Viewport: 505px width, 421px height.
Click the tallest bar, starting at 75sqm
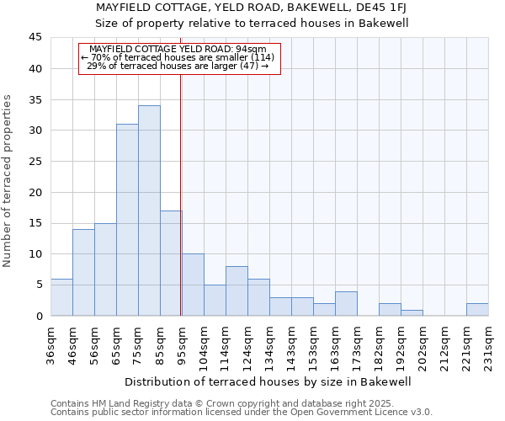coord(149,210)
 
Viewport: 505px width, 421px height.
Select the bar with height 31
coord(127,220)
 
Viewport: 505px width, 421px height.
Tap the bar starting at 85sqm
coord(171,263)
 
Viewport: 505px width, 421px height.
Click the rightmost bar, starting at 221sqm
coord(477,309)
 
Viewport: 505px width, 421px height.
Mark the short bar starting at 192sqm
coord(412,312)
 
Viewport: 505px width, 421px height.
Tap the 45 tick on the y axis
coord(36,38)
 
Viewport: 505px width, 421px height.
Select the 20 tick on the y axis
coord(36,192)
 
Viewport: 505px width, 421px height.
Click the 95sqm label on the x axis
coord(183,343)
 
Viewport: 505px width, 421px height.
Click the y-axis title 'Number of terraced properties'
coord(8,181)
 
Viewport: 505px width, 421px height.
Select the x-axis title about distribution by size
coord(268,381)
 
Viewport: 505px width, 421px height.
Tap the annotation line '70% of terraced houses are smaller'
coord(178,57)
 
